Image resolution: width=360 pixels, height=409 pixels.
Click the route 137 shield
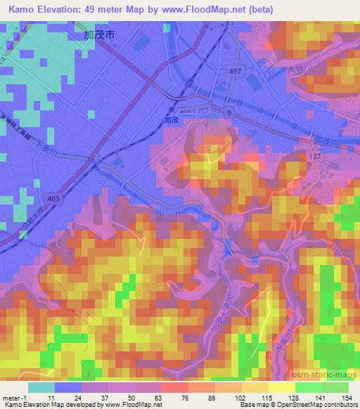315,155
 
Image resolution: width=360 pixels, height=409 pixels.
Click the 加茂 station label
182,120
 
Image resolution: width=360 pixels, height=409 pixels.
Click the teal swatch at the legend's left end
41,387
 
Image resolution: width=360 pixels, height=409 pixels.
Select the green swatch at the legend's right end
335,387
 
